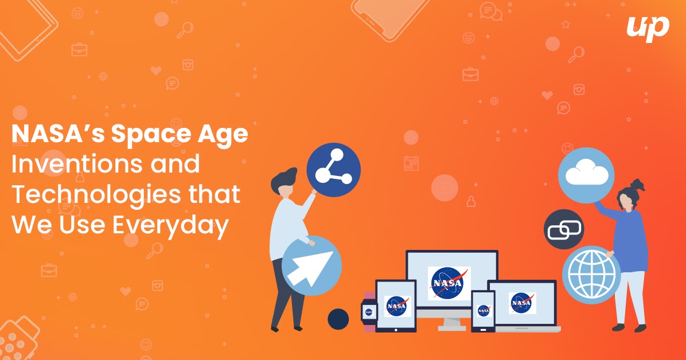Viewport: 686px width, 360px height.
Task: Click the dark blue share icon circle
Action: pos(333,170)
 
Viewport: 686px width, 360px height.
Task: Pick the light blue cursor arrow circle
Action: pos(311,265)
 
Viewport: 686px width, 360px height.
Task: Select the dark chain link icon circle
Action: pos(563,229)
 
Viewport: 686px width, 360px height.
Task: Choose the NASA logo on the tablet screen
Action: pos(397,306)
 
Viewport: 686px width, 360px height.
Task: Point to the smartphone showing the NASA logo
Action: pos(482,311)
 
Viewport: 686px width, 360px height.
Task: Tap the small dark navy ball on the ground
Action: pos(338,319)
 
